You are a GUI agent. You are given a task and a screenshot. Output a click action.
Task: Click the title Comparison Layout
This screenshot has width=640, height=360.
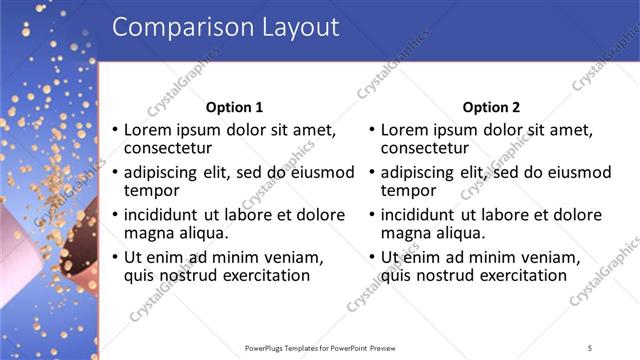click(x=225, y=27)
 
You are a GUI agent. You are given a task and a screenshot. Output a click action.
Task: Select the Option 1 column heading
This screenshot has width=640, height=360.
click(x=234, y=108)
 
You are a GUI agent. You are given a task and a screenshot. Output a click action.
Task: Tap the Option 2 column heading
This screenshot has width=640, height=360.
click(x=492, y=108)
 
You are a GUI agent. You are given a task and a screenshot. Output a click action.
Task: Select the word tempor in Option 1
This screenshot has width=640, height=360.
click(x=151, y=190)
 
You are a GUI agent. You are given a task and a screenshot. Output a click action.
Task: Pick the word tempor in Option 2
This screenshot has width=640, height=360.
click(x=409, y=190)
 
